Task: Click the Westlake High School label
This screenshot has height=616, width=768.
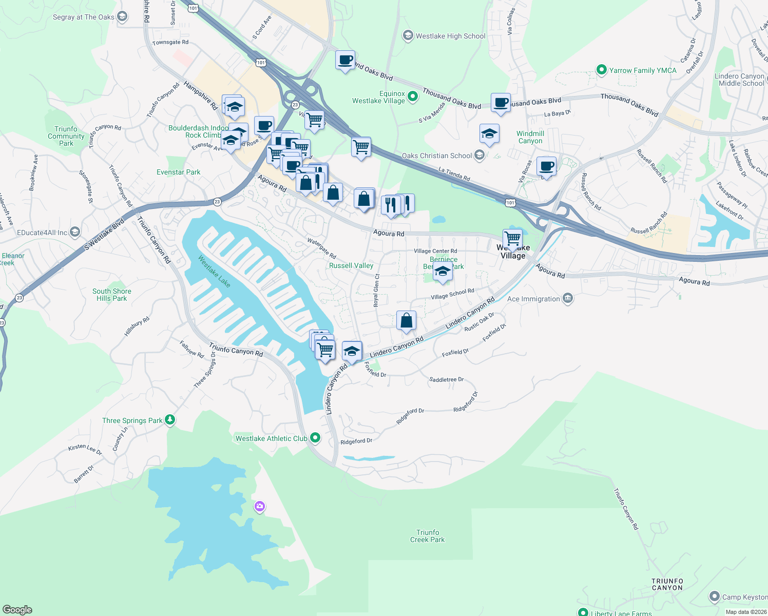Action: coord(450,36)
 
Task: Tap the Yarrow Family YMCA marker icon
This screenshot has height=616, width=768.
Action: coord(601,70)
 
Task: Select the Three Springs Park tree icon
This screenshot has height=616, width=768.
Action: coord(170,420)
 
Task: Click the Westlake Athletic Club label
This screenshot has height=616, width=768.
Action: coord(271,438)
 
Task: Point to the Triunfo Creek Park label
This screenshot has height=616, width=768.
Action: coord(427,536)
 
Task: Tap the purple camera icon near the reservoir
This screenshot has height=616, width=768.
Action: coord(259,507)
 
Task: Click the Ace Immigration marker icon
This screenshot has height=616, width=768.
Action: coord(567,298)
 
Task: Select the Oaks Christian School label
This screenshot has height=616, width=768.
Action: coord(436,156)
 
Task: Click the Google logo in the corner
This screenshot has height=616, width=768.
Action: coord(17,609)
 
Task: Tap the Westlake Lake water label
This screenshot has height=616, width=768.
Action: coord(214,271)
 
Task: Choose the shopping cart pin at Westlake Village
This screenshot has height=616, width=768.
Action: coord(512,238)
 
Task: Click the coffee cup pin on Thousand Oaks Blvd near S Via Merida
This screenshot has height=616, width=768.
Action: coord(501,103)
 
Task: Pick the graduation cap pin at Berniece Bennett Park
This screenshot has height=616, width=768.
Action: coord(443,272)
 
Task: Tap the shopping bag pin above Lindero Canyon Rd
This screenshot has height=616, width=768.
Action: coord(406,321)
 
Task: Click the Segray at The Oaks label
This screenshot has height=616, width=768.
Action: coord(83,17)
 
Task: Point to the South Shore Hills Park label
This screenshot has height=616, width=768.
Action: coord(111,295)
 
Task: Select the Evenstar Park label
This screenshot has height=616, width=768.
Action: coord(178,172)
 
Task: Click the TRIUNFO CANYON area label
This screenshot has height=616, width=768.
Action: coord(667,584)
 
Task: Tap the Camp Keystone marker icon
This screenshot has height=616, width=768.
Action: coord(714,596)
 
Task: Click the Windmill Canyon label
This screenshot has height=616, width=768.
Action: coord(530,137)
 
